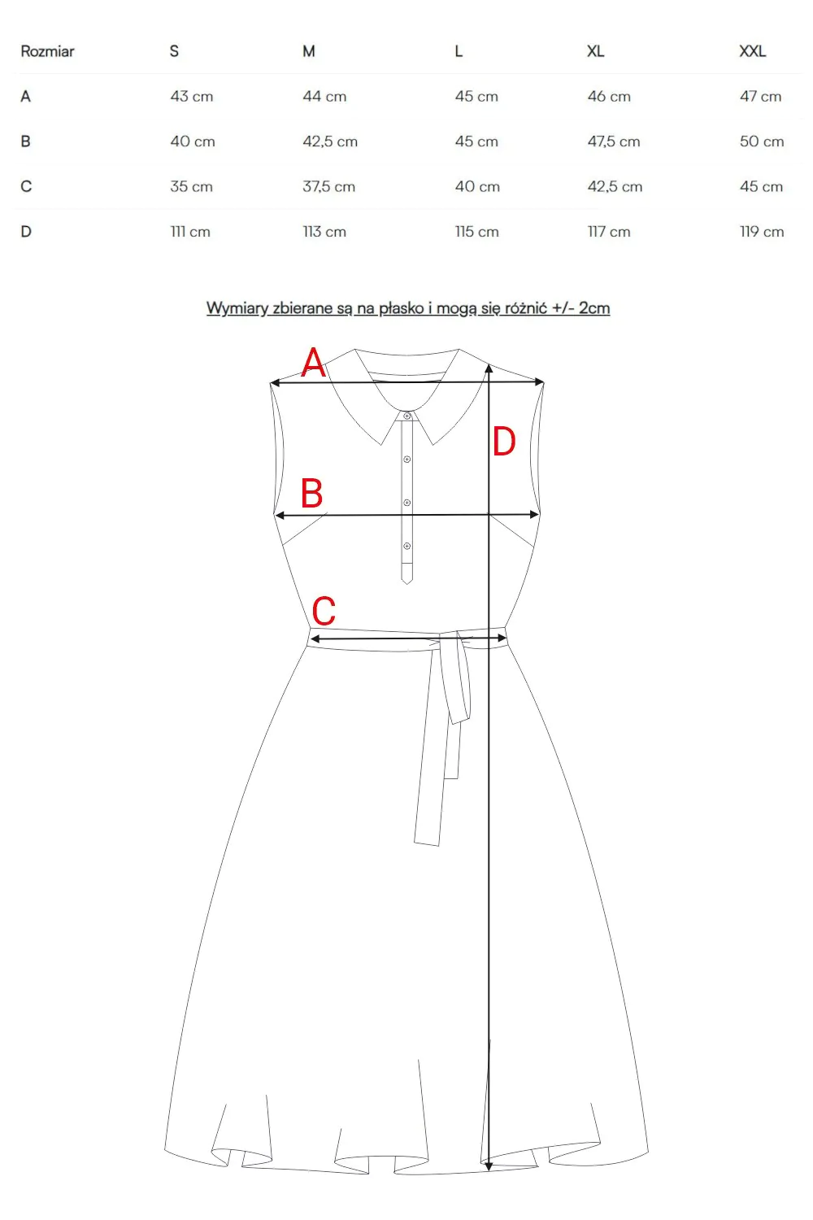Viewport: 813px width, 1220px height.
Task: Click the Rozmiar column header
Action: [47, 51]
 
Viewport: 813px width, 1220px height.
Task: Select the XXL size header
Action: [753, 51]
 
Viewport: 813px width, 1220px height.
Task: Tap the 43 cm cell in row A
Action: [192, 97]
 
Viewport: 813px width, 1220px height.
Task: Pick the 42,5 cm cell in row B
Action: [330, 142]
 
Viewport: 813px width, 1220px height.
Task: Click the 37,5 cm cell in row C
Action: [329, 187]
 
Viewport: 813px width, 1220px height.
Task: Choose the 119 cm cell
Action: [762, 232]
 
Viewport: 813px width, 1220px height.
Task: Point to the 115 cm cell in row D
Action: [477, 232]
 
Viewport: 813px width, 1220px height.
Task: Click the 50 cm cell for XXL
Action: [762, 142]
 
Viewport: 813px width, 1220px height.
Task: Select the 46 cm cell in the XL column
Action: [609, 97]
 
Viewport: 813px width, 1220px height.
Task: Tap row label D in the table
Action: [26, 232]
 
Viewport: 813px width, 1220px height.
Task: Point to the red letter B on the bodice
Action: [312, 493]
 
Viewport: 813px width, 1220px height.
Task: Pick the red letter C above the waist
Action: [324, 611]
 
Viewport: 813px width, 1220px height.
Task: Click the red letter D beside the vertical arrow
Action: [504, 442]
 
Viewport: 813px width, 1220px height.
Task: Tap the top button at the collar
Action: [406, 416]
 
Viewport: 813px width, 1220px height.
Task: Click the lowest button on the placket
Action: [406, 546]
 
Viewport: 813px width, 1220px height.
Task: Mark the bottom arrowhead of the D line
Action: [489, 1166]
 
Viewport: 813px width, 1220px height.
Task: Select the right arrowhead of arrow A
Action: [539, 381]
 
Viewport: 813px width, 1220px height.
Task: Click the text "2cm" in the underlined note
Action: [594, 308]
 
